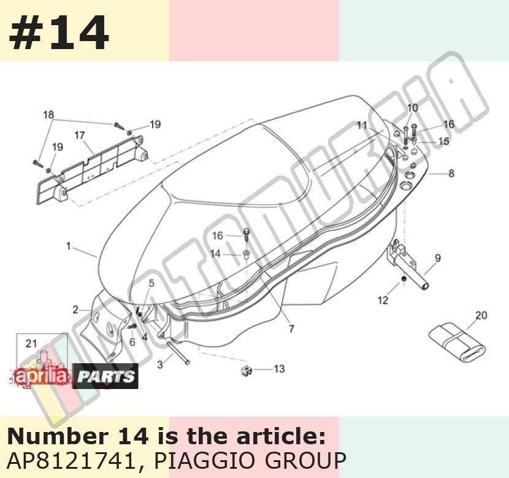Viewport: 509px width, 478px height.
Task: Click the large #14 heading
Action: click(59, 33)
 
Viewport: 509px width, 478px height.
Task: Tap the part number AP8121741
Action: click(71, 460)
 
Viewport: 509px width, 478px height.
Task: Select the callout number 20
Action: click(481, 315)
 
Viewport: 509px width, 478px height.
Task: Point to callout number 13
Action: click(279, 369)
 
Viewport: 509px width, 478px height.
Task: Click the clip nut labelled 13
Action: click(247, 370)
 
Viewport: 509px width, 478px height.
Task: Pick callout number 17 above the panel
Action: click(80, 135)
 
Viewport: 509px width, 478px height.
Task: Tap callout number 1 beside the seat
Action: click(69, 246)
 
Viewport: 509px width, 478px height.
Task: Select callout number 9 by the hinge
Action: click(438, 258)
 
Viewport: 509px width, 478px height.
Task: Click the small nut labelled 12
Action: click(404, 279)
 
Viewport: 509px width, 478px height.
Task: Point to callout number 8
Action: click(451, 174)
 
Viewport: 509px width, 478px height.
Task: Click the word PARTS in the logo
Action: click(105, 376)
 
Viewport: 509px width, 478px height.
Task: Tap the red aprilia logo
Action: click(41, 377)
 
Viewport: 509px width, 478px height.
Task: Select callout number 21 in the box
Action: click(31, 343)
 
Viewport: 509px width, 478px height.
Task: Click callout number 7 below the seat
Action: click(291, 329)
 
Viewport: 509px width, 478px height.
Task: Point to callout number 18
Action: click(48, 115)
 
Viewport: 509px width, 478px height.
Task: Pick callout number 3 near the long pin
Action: click(160, 364)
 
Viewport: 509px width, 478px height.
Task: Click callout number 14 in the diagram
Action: click(215, 253)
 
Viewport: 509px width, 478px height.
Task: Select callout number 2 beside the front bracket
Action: click(75, 310)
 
